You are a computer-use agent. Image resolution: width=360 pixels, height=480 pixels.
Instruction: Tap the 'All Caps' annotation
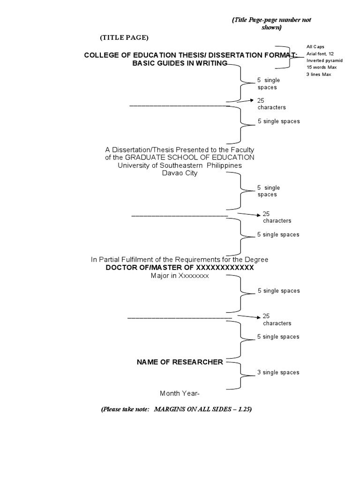315,47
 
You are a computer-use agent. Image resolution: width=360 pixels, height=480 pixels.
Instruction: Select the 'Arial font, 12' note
320,54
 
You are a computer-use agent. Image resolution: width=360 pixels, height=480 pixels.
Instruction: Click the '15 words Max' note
322,67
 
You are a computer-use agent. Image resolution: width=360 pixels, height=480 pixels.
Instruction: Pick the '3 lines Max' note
319,75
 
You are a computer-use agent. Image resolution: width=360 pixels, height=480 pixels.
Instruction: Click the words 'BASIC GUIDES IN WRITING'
180,63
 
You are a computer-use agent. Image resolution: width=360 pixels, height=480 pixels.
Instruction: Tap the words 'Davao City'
180,173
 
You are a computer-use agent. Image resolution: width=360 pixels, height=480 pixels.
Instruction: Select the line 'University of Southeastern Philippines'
180,165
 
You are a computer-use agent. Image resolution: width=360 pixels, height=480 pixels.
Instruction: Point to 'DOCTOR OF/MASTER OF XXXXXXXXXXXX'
180,267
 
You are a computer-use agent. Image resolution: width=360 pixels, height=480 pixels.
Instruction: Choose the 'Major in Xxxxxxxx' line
180,276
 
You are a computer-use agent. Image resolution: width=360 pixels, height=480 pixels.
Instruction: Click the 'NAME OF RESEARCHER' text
180,362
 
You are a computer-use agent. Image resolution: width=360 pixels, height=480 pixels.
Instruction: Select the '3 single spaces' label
278,373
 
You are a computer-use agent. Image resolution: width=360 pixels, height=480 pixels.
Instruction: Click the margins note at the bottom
177,409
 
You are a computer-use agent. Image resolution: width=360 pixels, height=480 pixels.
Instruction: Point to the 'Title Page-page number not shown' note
271,23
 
